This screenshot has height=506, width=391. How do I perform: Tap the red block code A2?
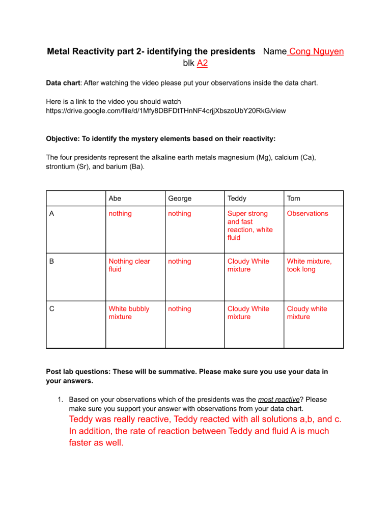pos(202,63)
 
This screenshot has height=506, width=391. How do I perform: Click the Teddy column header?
pos(237,198)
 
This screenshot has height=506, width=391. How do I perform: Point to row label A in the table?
pos(53,214)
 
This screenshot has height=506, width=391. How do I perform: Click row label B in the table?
pos(53,261)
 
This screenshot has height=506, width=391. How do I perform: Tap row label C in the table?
pos(53,308)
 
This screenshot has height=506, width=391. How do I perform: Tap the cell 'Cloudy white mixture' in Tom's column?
pos(307,313)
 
